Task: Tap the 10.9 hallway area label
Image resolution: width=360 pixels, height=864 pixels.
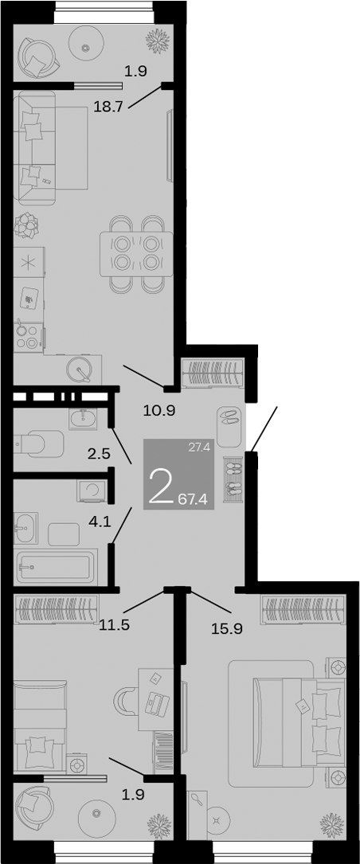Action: pyautogui.click(x=158, y=410)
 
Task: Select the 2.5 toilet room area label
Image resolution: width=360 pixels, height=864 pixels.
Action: pyautogui.click(x=99, y=455)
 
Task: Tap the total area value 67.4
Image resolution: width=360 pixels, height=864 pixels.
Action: pyautogui.click(x=194, y=500)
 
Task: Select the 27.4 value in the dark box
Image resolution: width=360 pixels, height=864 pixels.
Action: pyautogui.click(x=198, y=448)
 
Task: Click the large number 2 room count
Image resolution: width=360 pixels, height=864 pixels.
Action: pyautogui.click(x=161, y=487)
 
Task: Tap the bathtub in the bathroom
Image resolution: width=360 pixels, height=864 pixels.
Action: pyautogui.click(x=54, y=567)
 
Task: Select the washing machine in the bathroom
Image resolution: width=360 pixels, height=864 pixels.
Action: pyautogui.click(x=92, y=491)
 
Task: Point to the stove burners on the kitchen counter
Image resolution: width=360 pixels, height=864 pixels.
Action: pyautogui.click(x=28, y=335)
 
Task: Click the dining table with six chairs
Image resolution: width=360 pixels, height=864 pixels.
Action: pyautogui.click(x=136, y=253)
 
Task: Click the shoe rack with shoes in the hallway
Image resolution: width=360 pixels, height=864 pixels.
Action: pyautogui.click(x=233, y=479)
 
